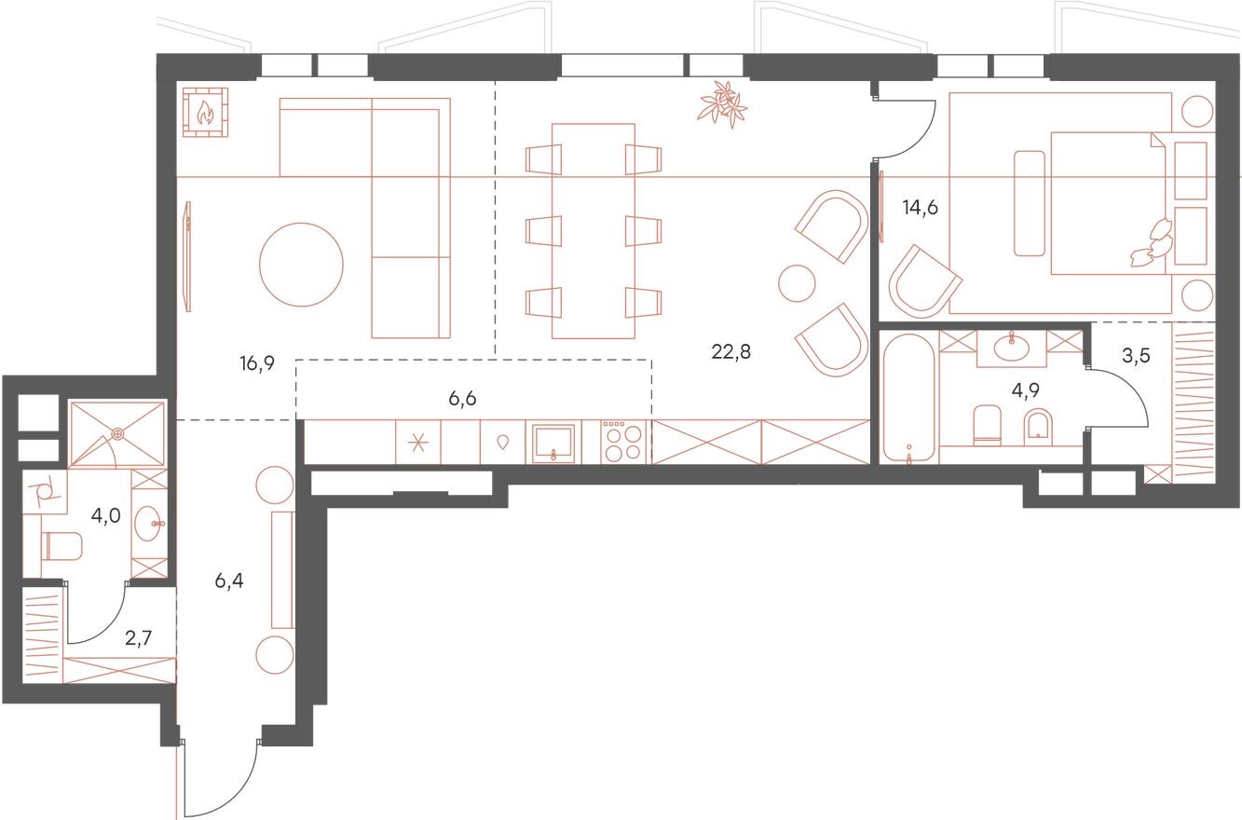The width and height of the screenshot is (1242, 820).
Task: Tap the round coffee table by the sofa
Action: coord(301,265)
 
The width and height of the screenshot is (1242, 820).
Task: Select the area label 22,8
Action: coord(730,351)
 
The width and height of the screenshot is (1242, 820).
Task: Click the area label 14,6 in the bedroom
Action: coord(920,208)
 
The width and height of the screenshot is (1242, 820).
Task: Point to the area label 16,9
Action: coord(257,363)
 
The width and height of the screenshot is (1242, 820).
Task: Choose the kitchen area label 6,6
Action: coord(462,398)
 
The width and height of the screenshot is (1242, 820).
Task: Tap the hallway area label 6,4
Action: coord(229,581)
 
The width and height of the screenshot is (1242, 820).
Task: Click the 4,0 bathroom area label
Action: coord(106,516)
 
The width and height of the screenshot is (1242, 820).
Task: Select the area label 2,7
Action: coord(138,638)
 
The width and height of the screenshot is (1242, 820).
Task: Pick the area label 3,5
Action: coord(1136,355)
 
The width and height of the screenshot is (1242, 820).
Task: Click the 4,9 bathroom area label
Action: coord(1026,390)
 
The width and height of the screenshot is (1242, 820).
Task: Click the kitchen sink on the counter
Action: coord(553,443)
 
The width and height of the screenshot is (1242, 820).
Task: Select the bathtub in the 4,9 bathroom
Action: coord(909,398)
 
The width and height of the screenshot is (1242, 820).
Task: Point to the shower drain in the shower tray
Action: coord(117,433)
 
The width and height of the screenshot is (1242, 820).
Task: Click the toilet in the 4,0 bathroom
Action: coord(61,546)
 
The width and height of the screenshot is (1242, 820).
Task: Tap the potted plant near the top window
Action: coord(721,104)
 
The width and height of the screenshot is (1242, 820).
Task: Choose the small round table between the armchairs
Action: coord(797,283)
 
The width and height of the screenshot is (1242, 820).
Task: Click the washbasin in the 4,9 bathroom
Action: coord(1012,348)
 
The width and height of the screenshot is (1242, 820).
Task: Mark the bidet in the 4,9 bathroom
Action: coord(1038,428)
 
